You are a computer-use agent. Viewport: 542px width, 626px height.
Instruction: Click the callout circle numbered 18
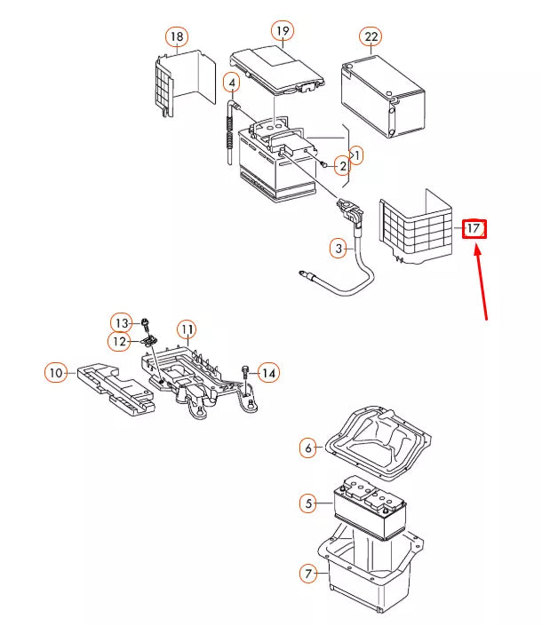point(177,36)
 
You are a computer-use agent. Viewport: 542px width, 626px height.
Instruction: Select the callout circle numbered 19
point(283,31)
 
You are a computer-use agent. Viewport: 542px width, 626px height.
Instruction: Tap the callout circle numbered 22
point(371,36)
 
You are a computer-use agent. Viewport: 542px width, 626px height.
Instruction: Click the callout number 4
point(232,84)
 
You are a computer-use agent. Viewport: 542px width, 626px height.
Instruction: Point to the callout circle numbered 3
point(339,249)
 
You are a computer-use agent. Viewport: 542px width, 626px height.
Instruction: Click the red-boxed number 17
point(474,228)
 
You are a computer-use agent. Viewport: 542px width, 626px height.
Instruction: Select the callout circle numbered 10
point(56,373)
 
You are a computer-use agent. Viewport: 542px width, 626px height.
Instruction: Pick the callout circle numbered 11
point(186,329)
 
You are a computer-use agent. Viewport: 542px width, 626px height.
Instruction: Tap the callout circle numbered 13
point(121,321)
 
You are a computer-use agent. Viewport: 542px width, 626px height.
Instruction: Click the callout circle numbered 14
point(268,372)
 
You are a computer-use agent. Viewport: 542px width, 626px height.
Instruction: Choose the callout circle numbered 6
point(308,448)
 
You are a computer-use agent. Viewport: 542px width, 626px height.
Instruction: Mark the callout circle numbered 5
point(308,503)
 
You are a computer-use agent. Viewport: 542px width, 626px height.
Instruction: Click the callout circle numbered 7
point(308,574)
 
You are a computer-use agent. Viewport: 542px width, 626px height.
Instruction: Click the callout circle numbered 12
point(119,341)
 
